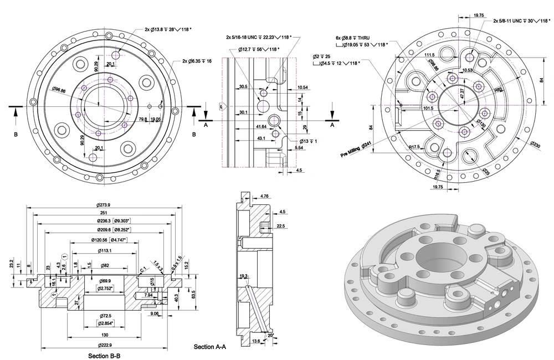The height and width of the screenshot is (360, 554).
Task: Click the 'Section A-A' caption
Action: click(x=210, y=347)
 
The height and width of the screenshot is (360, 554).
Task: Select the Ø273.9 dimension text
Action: click(x=105, y=205)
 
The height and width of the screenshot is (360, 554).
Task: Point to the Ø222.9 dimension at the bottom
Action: click(x=105, y=346)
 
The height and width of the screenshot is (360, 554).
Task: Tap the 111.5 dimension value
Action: click(x=429, y=55)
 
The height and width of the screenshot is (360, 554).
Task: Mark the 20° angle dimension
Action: click(x=270, y=335)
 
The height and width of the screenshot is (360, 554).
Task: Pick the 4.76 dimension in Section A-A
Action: click(x=264, y=196)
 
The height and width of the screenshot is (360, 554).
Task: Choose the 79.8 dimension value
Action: click(x=142, y=119)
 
